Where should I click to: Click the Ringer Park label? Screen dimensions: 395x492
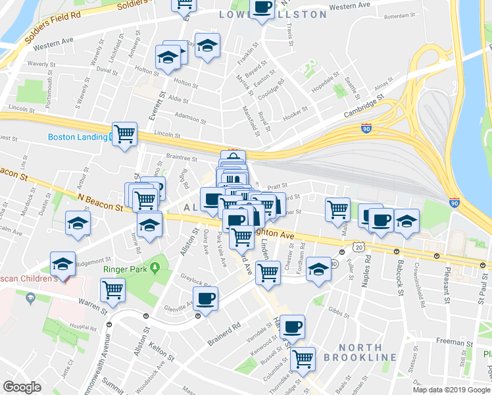[x=124, y=269]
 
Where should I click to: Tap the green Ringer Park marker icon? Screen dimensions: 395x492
[x=155, y=268]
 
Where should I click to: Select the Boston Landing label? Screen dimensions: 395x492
[x=78, y=138]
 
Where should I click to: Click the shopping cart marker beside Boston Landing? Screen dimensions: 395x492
[x=124, y=134]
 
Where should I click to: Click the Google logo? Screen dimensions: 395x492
[x=22, y=386]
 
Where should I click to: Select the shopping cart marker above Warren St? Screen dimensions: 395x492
[x=113, y=289]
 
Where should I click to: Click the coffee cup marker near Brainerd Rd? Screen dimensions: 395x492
[x=205, y=299]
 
